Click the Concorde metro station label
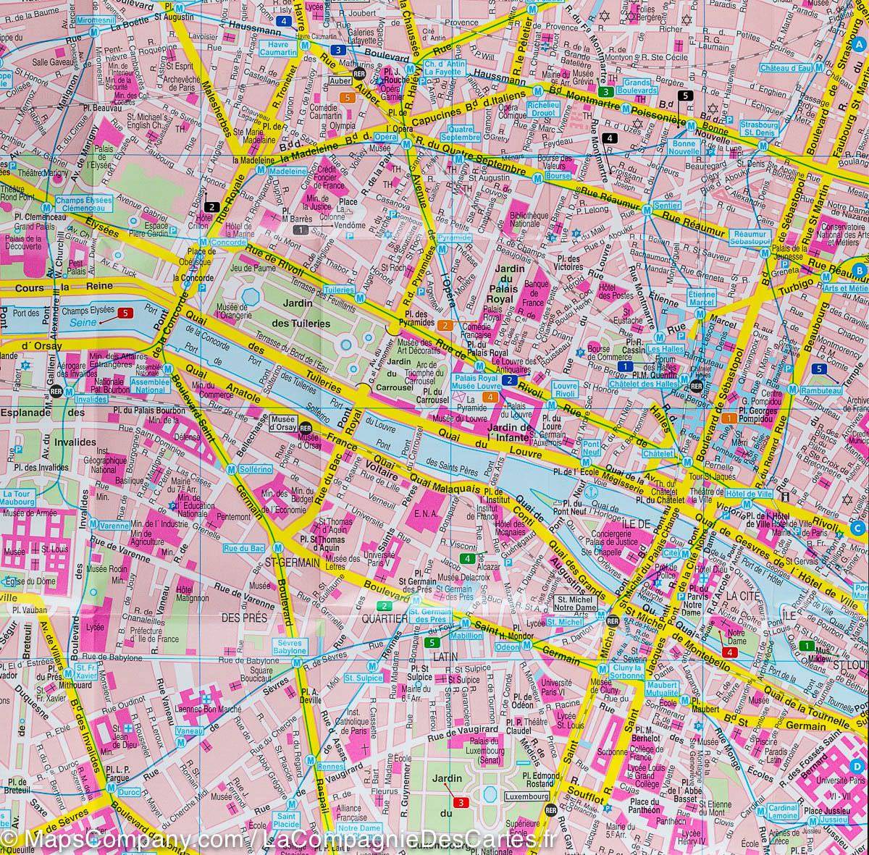click(226, 243)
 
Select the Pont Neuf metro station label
click(592, 447)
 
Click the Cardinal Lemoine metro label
click(784, 811)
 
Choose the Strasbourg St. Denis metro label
click(738, 128)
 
